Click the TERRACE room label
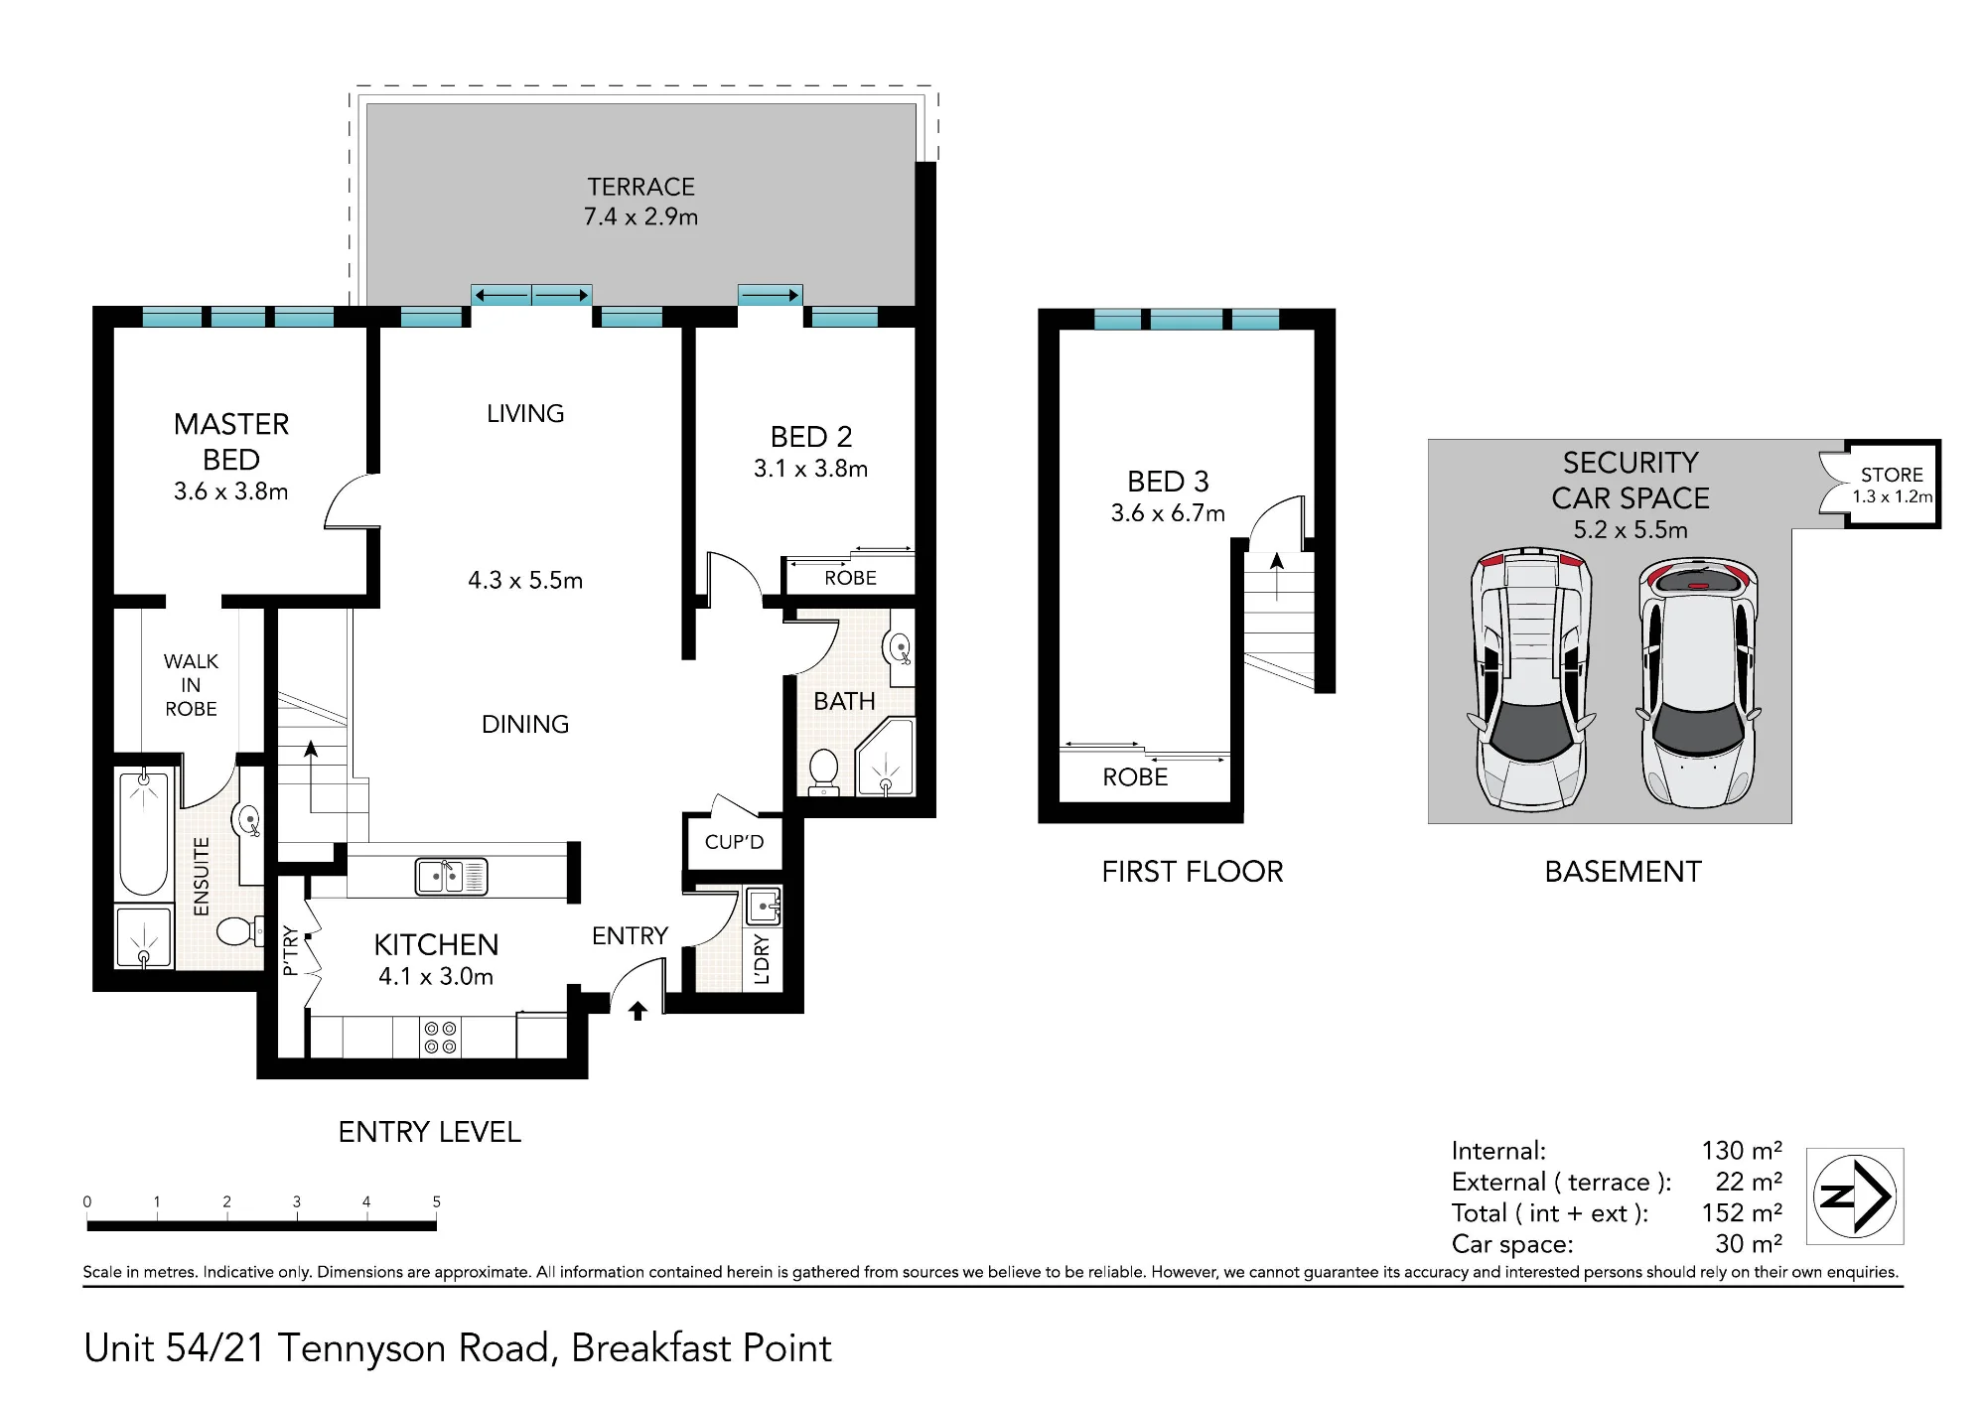pyautogui.click(x=640, y=187)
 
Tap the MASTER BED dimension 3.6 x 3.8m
pyautogui.click(x=231, y=491)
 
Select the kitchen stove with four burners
pyautogui.click(x=440, y=1038)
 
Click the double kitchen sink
pyautogui.click(x=451, y=876)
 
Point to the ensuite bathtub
pyautogui.click(x=144, y=832)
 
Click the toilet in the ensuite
pyautogui.click(x=239, y=930)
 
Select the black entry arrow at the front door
pyautogui.click(x=638, y=1011)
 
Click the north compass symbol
pyautogui.click(x=1854, y=1196)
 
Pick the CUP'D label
pyautogui.click(x=734, y=842)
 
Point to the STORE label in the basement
pyautogui.click(x=1892, y=475)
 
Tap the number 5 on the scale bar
pyautogui.click(x=436, y=1201)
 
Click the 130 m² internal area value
pyautogui.click(x=1742, y=1150)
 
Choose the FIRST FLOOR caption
pyautogui.click(x=1193, y=872)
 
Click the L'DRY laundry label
pyautogui.click(x=762, y=958)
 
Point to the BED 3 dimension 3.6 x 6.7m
pyautogui.click(x=1168, y=513)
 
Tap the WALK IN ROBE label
pyautogui.click(x=191, y=685)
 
